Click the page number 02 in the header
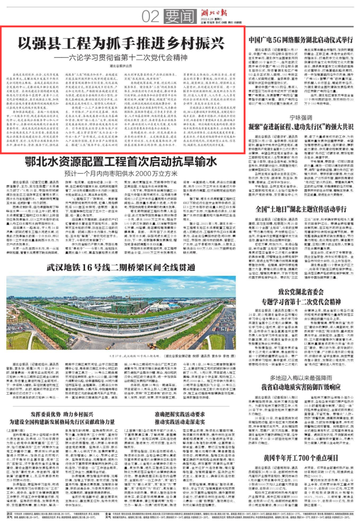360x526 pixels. click(x=150, y=17)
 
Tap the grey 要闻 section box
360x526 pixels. click(x=180, y=17)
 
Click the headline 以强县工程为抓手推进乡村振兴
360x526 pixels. click(x=121, y=43)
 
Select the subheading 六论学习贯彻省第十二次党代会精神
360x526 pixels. click(x=121, y=58)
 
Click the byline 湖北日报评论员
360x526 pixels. click(x=121, y=66)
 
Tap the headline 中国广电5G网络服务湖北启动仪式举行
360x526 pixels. click(x=301, y=40)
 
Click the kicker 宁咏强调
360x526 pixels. click(x=301, y=118)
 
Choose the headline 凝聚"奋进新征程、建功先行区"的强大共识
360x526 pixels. click(x=301, y=127)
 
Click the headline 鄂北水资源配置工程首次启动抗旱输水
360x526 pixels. click(x=121, y=162)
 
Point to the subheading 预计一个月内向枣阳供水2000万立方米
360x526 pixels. click(x=121, y=173)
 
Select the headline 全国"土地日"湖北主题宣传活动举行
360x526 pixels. click(x=301, y=209)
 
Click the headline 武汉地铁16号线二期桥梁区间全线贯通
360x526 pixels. click(x=121, y=267)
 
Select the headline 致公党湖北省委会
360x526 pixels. click(x=301, y=292)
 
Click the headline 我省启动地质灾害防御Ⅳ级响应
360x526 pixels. click(x=301, y=387)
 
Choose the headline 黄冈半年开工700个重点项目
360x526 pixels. click(x=301, y=458)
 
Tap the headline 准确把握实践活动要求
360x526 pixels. click(x=180, y=414)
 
